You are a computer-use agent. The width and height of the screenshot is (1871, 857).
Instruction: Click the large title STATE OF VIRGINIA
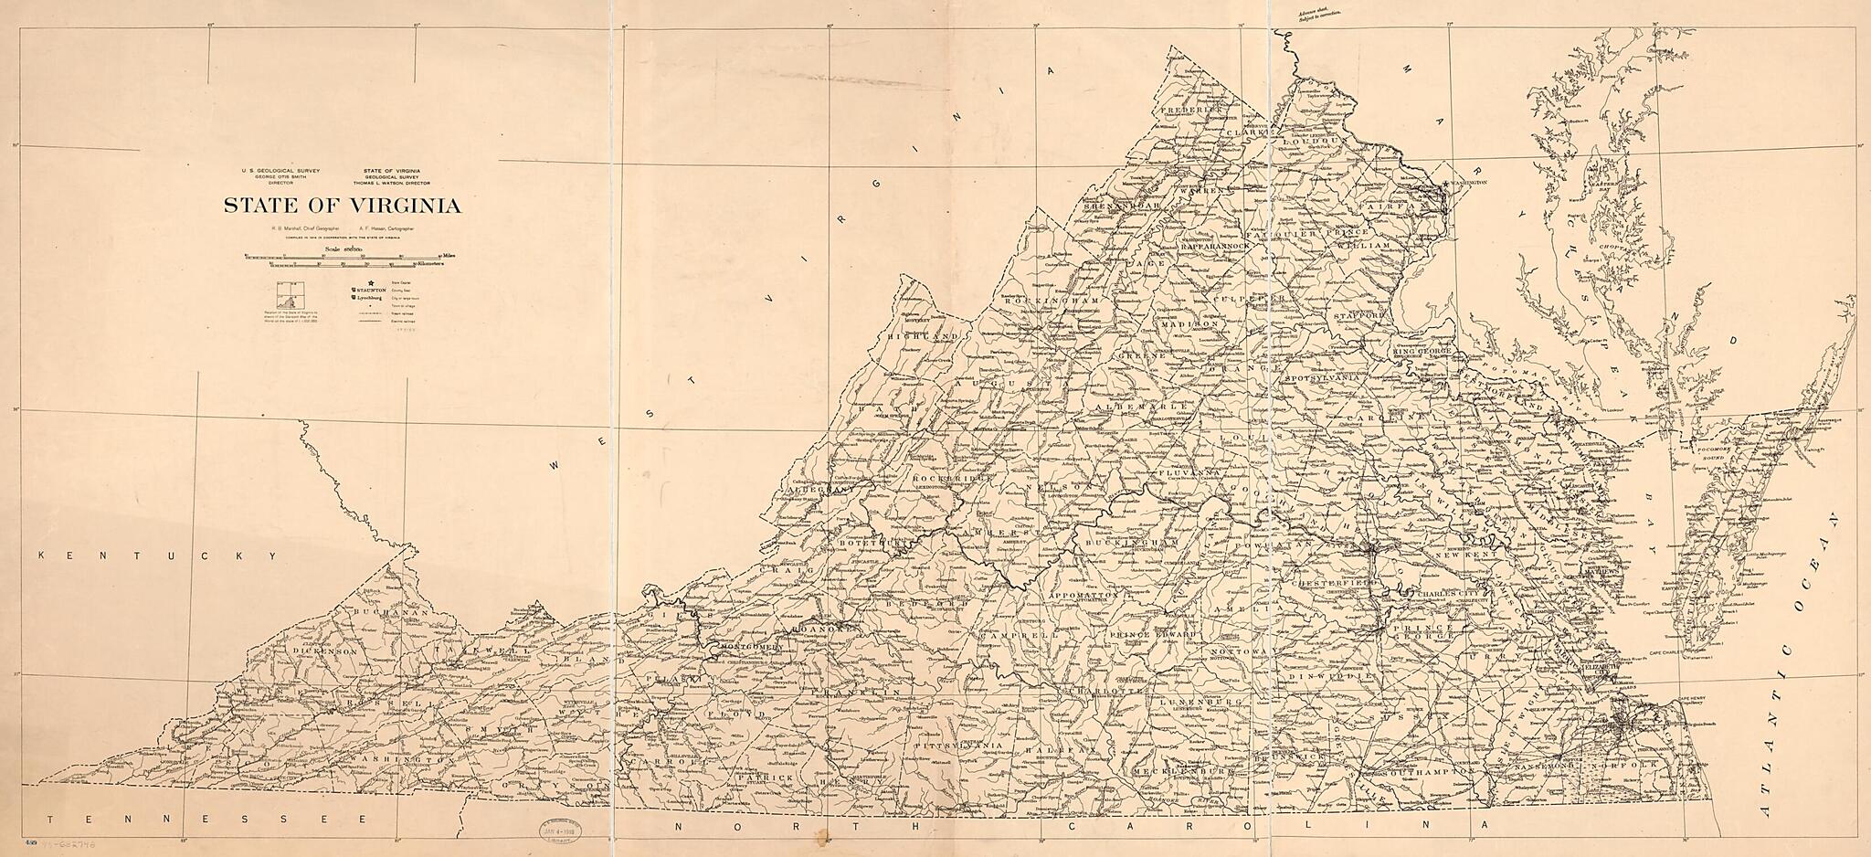tap(343, 206)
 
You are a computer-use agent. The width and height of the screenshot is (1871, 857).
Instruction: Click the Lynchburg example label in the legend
tap(369, 298)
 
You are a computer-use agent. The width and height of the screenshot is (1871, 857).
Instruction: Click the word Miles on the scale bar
tap(449, 256)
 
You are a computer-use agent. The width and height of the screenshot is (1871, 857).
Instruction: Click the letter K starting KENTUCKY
tap(42, 555)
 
